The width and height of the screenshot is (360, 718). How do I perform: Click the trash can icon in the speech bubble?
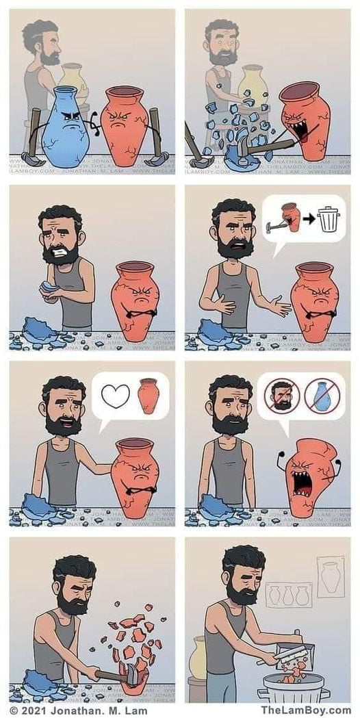click(x=329, y=218)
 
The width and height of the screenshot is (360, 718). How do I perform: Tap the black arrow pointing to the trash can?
click(x=309, y=220)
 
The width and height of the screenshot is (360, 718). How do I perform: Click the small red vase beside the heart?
click(x=148, y=396)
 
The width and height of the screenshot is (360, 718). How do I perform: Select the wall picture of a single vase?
click(x=331, y=574)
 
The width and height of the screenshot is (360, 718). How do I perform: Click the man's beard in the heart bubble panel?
click(x=64, y=424)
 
